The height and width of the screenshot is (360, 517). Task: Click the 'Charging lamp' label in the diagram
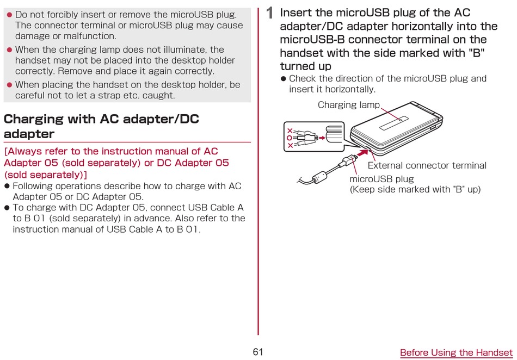click(348, 105)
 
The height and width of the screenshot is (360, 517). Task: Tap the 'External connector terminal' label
click(427, 165)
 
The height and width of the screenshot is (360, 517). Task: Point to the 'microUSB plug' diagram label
click(381, 179)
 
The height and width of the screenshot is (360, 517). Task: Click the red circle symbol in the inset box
click(290, 138)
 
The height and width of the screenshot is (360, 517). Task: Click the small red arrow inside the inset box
click(322, 138)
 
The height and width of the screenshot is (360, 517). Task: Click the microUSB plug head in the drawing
click(348, 161)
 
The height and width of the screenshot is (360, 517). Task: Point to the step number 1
click(270, 13)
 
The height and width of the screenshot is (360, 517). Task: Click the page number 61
click(258, 352)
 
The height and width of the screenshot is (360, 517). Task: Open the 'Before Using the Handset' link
click(457, 352)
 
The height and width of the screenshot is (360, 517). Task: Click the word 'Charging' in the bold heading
click(33, 119)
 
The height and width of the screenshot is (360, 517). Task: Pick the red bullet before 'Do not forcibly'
click(9, 15)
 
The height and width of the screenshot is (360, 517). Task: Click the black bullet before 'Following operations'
click(7, 186)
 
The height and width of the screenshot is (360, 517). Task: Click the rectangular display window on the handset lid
click(394, 123)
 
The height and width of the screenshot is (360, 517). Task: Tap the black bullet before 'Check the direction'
click(283, 79)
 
